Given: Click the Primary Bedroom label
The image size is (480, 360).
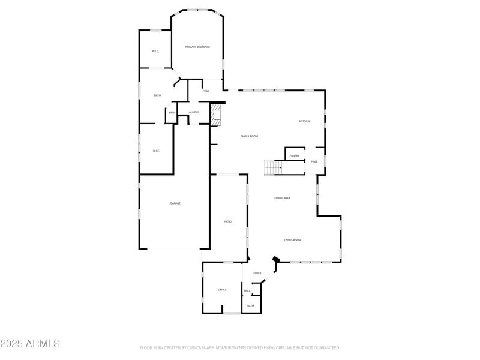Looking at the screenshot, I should (197, 47).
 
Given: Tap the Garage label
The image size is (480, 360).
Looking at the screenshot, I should (175, 203).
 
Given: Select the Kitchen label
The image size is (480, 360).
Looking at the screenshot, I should (304, 121).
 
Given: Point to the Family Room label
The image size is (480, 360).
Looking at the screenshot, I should (249, 136).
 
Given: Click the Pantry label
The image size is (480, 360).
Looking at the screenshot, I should (294, 156).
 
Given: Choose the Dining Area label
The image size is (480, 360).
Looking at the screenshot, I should (282, 198).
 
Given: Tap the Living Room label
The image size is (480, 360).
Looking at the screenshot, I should (293, 240).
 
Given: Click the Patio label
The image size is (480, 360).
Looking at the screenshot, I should (228, 222).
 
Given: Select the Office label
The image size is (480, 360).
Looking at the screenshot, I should (222, 290).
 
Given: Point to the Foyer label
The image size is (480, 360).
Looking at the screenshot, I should (257, 274).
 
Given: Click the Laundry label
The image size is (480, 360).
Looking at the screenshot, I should (193, 112).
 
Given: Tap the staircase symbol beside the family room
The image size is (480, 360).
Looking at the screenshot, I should (273, 167).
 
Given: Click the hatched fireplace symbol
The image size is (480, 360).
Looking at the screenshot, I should (216, 114).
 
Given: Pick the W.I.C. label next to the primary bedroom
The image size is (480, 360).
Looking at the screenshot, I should (155, 51).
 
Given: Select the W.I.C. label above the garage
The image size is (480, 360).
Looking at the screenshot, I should (156, 151).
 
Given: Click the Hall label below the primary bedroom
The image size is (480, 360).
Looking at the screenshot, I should (206, 91).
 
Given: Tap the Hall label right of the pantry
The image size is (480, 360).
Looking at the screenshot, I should (314, 161).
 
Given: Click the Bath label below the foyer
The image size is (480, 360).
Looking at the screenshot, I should (250, 306).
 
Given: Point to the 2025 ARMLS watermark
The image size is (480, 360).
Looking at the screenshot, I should (30, 344).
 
